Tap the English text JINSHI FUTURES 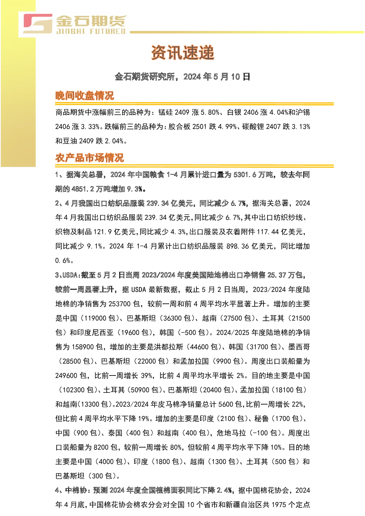tap(91, 31)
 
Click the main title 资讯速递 tap(182, 53)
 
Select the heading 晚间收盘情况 tap(85, 96)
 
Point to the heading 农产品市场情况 tap(90, 158)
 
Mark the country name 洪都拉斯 tap(169, 347)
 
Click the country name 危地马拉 tap(231, 433)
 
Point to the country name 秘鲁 tap(262, 419)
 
